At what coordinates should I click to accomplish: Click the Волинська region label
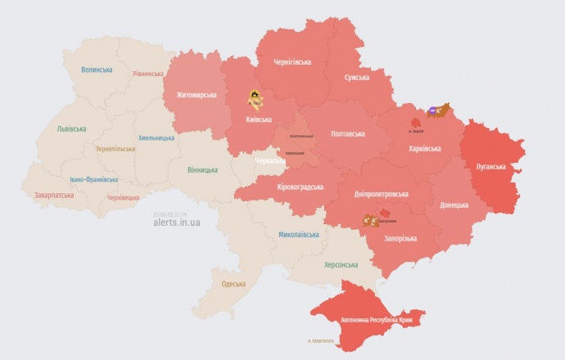tap(97, 70)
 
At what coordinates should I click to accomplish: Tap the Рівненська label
tap(148, 74)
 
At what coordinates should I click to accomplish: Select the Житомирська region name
tap(197, 95)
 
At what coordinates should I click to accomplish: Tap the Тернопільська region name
tap(115, 149)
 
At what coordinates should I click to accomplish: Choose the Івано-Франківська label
tap(93, 178)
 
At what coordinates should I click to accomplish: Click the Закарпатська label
tap(53, 196)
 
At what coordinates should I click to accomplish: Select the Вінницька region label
tap(202, 169)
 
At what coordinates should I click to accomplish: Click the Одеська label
tap(233, 284)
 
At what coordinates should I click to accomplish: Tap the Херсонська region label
tap(341, 264)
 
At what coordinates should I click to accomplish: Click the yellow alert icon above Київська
tap(255, 98)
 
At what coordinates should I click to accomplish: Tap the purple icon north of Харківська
tap(434, 110)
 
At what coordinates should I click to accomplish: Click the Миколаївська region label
tap(298, 234)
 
